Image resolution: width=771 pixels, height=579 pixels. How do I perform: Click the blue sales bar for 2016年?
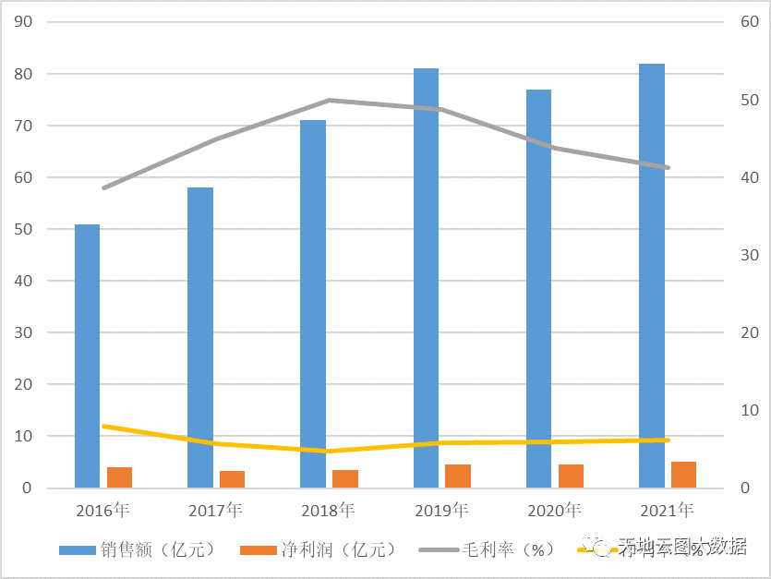coord(87,356)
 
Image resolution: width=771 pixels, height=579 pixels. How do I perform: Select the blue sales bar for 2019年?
coord(426,277)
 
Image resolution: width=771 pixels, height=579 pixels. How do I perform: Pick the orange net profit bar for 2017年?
coord(233,478)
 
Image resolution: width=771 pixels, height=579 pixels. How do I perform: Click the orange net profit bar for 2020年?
coord(571,476)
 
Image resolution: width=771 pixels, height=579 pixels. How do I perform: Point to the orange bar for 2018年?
coord(345,478)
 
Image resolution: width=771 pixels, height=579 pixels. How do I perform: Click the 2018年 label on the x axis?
coord(328,510)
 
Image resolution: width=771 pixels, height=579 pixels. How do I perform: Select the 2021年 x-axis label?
coord(666,510)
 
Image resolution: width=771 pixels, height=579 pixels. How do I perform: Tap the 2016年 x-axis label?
coord(102,510)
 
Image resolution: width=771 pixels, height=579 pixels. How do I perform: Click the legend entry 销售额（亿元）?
coord(137,549)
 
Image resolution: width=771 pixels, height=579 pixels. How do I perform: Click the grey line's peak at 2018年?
coord(329,100)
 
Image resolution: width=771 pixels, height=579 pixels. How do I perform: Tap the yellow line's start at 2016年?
coord(103,426)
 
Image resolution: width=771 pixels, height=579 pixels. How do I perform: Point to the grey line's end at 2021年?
coord(668,167)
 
